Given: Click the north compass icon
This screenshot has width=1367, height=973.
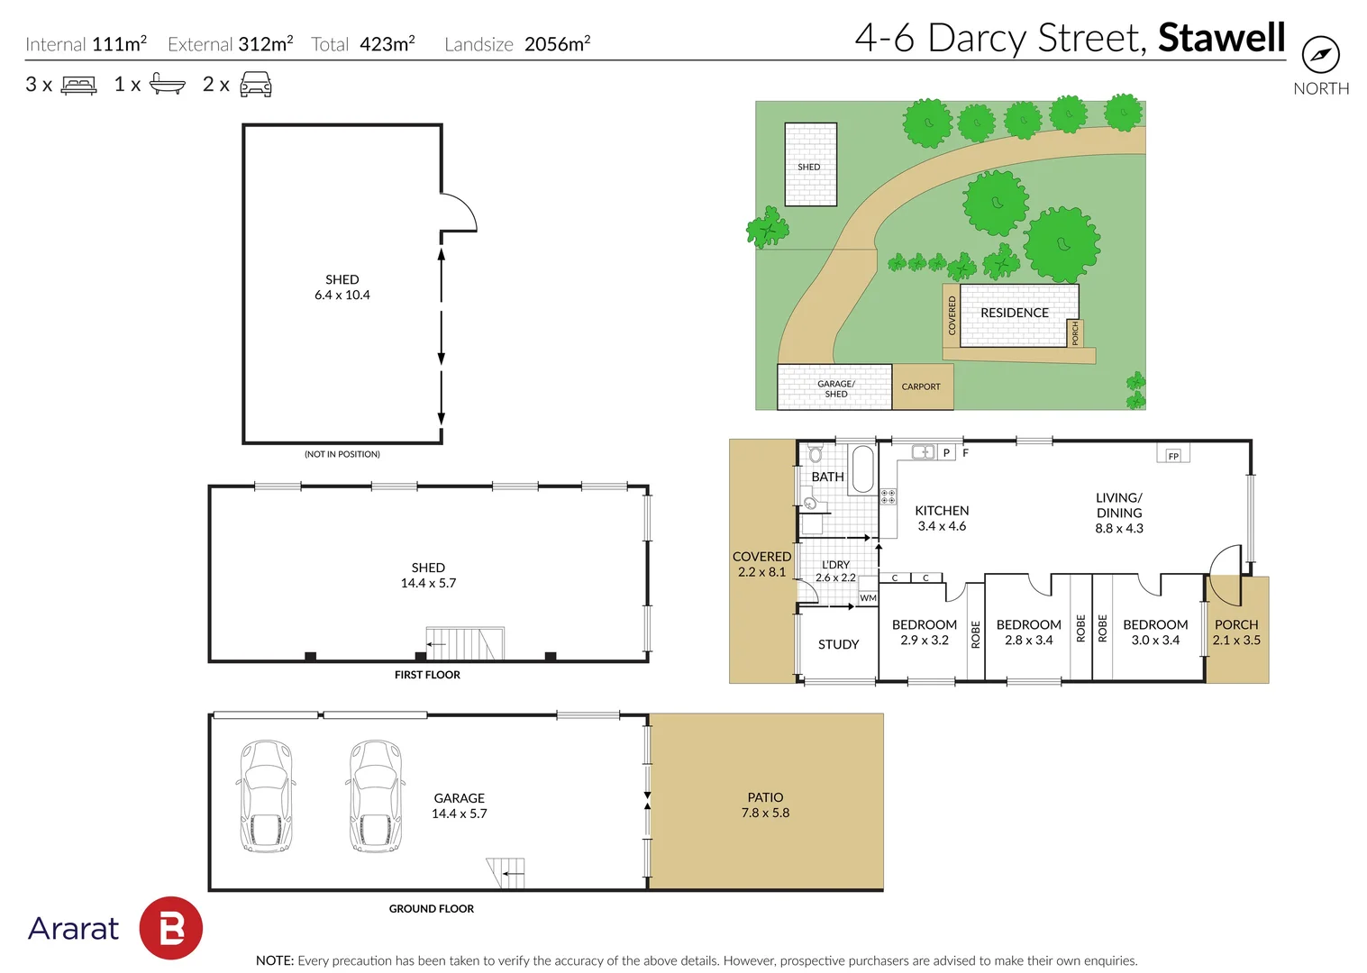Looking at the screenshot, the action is point(1321,54).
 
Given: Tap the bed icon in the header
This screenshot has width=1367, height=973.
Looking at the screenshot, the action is point(78,85).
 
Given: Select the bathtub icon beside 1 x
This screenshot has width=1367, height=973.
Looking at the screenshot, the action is point(168,84).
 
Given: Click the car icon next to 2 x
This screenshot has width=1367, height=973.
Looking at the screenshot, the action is point(256,84).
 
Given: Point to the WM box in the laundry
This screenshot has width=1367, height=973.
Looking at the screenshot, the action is point(868,598).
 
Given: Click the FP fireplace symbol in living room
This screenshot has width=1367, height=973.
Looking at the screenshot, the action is point(1173,454).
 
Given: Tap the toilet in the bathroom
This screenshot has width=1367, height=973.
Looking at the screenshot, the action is point(816,453).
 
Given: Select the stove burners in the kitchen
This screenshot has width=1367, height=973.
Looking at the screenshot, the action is point(888,496).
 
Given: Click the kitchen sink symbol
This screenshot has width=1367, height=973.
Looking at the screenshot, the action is point(924,452).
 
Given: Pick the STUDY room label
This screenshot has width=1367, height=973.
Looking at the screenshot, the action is point(839,644).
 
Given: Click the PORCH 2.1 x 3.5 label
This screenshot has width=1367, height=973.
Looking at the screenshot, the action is point(1235,632).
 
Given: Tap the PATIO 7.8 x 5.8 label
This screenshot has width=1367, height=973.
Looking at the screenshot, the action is point(765,805).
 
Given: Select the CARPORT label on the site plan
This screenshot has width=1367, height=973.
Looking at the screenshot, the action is point(921,386).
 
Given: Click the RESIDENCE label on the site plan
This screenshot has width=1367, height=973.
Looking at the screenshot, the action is point(1015,313).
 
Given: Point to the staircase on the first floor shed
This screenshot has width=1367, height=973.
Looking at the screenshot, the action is point(465,643).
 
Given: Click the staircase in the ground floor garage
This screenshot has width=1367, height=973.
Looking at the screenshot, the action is point(506,873).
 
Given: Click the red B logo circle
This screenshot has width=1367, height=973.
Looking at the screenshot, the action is point(171,928).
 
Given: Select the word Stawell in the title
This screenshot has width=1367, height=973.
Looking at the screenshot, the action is point(1222,37).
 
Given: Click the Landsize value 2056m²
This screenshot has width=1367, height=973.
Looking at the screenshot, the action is point(557,43).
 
